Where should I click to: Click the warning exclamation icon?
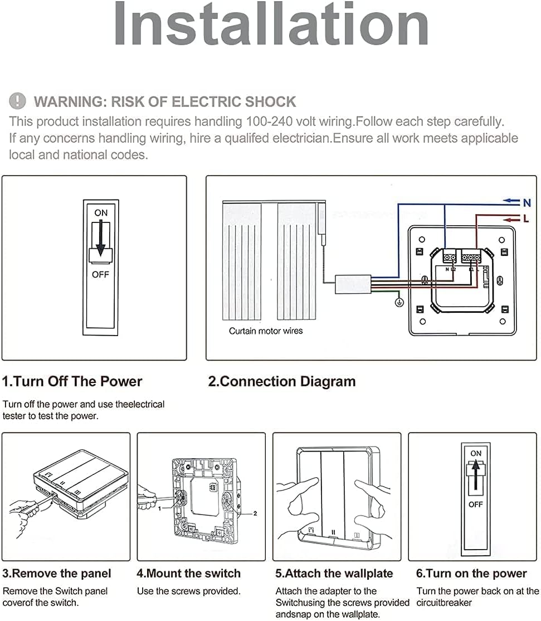coord(18,101)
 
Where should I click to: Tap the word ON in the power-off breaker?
coord(101,213)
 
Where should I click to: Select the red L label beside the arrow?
coord(526,219)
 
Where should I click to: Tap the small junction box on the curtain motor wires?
coord(353,284)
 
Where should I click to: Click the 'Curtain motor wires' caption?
coord(266,331)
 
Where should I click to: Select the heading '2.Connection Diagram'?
coord(282,382)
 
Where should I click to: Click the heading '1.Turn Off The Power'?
coord(72,382)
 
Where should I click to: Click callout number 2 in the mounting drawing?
coord(255,513)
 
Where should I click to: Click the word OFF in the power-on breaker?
coord(475,504)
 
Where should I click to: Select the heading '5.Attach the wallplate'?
coord(334,574)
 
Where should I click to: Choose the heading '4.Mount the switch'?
coord(189,574)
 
